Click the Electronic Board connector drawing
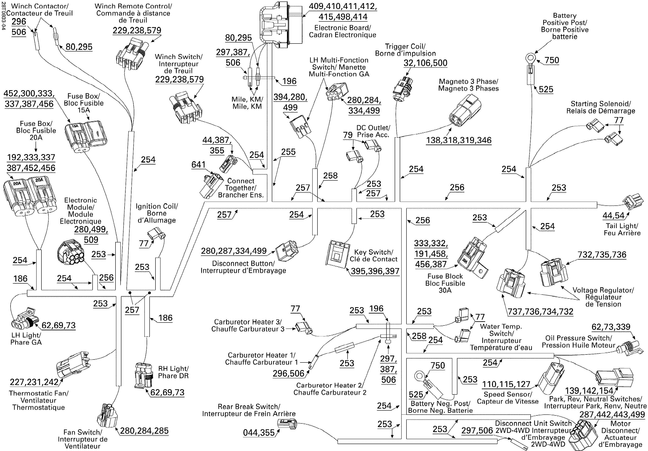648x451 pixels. pos(281,25)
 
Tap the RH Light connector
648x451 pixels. pos(144,375)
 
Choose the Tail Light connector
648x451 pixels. pos(633,202)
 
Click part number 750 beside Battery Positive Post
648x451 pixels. pos(552,60)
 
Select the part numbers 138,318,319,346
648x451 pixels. pos(459,140)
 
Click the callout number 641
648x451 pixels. pos(198,164)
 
